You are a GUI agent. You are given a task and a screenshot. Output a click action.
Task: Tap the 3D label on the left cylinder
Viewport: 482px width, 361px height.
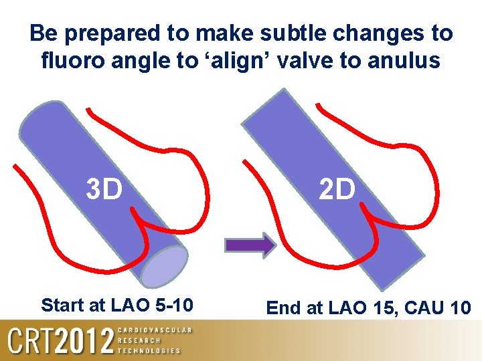coord(104,190)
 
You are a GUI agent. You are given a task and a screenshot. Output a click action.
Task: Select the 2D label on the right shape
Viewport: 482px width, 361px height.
coord(336,190)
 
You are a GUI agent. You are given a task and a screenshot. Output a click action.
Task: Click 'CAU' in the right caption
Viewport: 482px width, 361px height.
coord(426,308)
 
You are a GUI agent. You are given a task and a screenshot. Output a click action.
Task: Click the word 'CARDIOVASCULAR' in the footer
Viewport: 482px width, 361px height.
coord(154,330)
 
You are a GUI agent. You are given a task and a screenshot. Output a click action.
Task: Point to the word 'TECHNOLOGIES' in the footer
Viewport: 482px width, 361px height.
coord(149,350)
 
